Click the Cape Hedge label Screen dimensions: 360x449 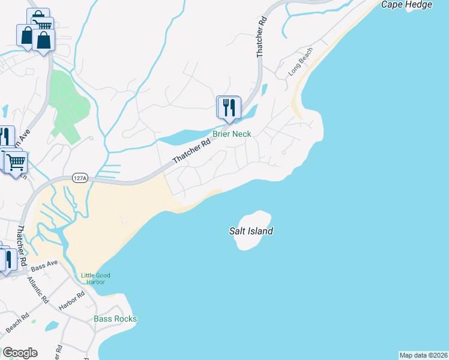[x=407, y=5]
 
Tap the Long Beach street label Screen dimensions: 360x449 [x=300, y=61]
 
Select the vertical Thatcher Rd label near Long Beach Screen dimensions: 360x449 [x=261, y=38]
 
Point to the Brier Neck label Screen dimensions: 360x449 [x=232, y=134]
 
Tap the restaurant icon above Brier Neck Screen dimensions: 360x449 [x=229, y=107]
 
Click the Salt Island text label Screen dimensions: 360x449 [x=251, y=230]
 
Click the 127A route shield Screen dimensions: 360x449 [x=79, y=178]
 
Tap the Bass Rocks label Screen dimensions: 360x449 [x=115, y=319]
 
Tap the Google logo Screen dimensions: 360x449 [x=20, y=353]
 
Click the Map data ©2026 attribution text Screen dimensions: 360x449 [x=423, y=355]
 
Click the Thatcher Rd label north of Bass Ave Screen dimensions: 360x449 [x=21, y=246]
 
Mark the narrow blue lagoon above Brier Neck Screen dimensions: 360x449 [x=192, y=136]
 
